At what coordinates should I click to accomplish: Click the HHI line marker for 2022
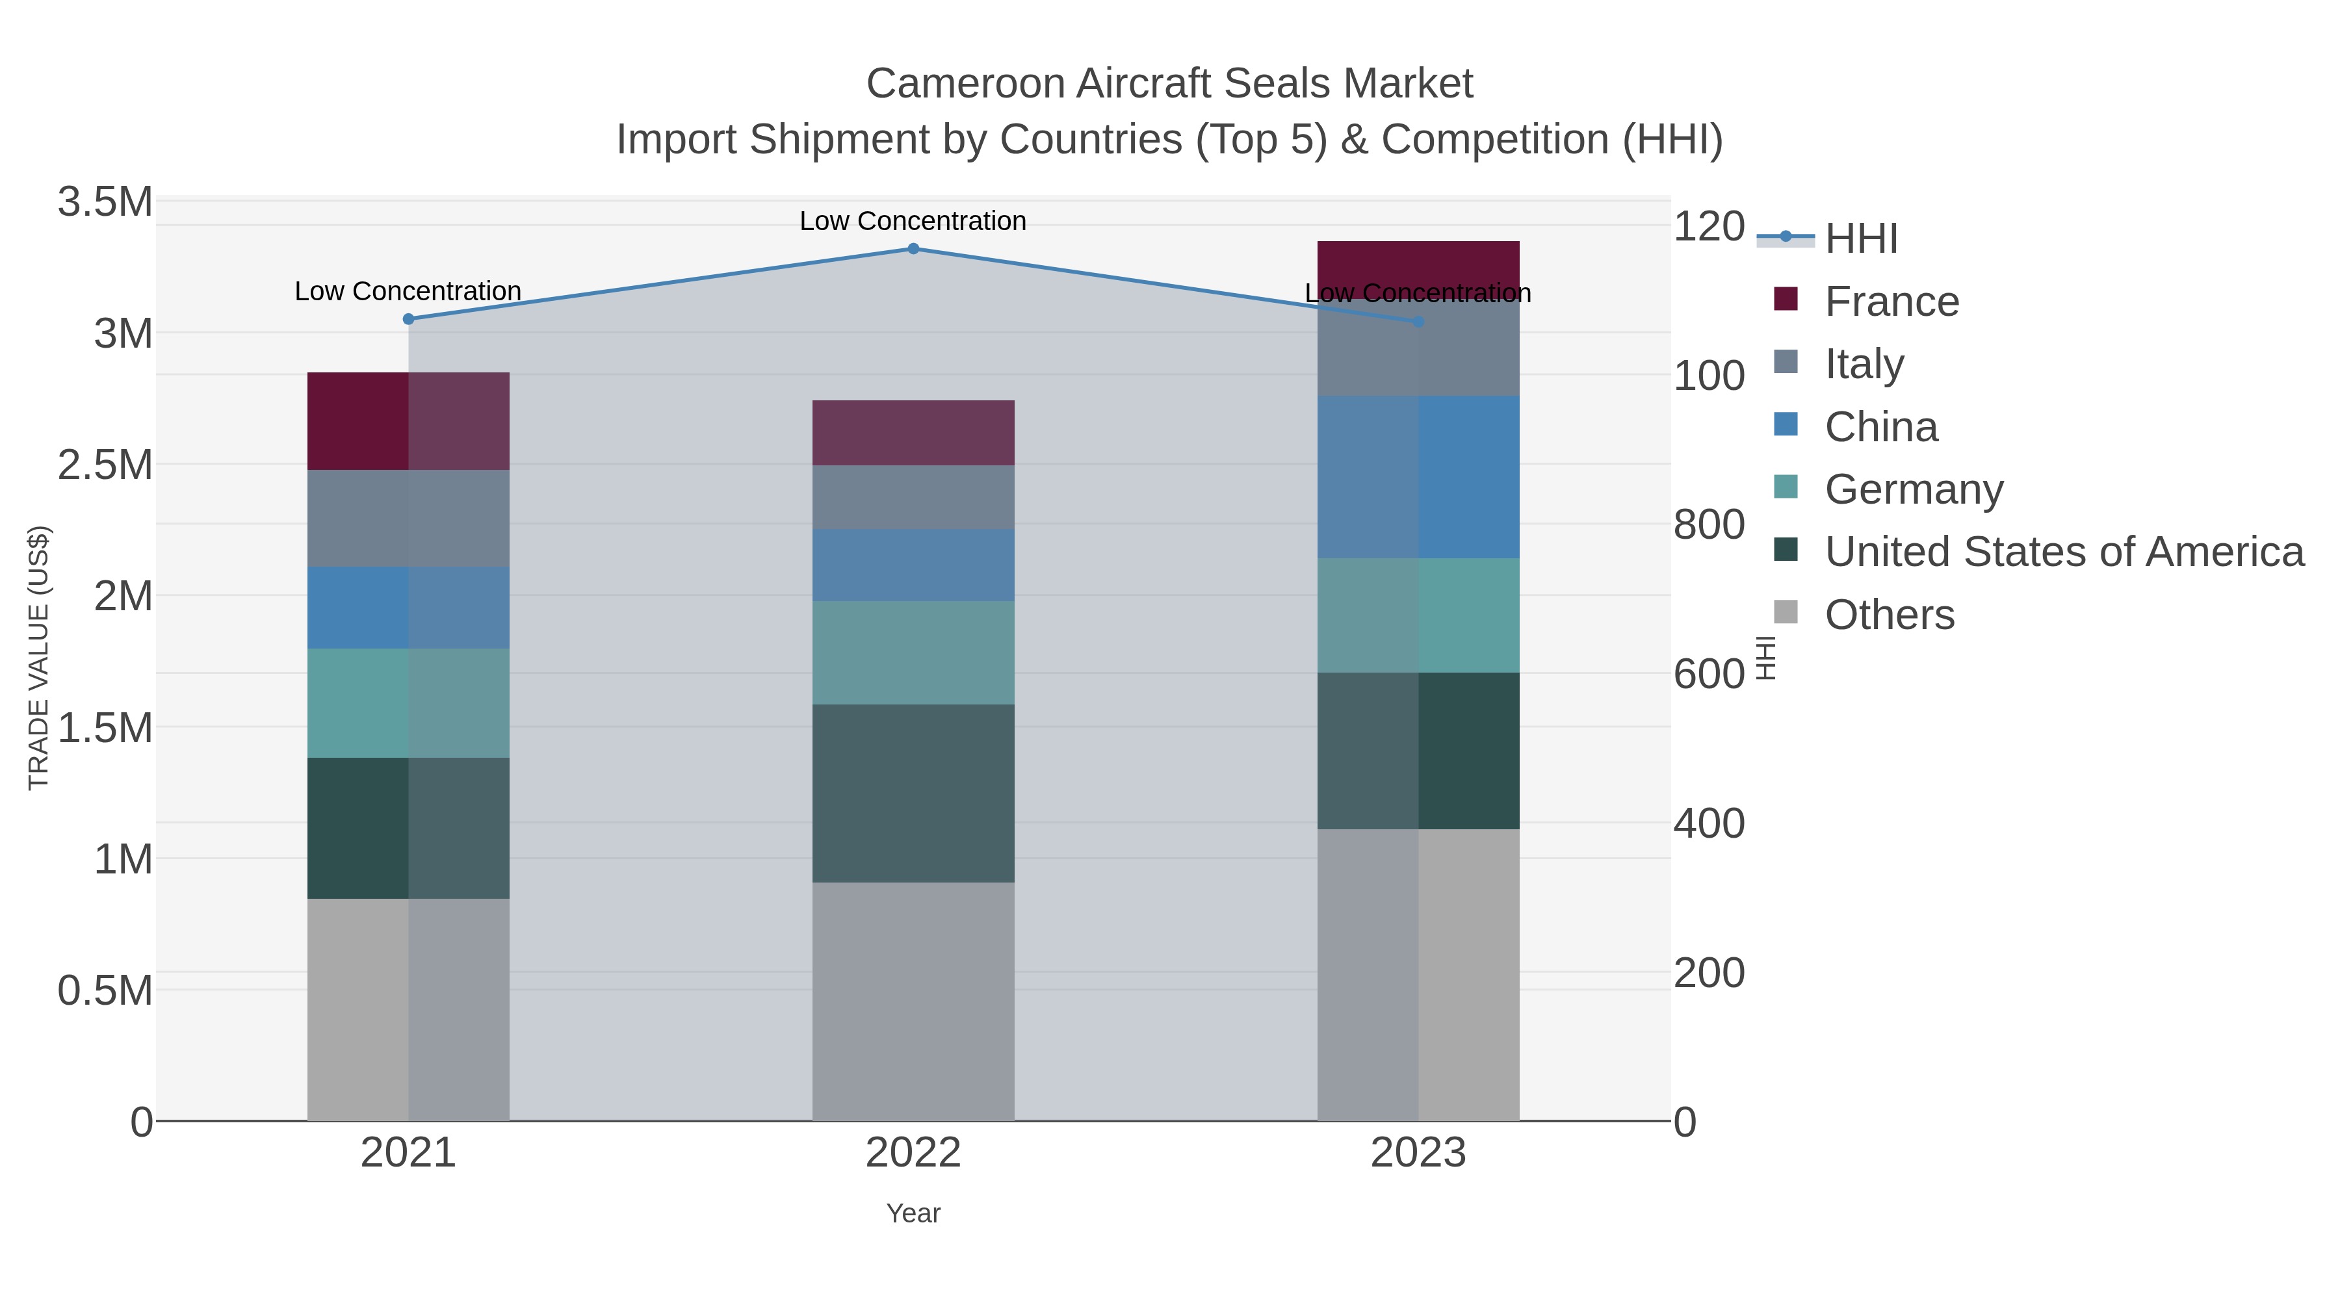[x=913, y=249]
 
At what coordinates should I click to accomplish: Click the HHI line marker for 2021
[x=408, y=319]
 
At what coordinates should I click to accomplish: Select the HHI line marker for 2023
[x=1418, y=322]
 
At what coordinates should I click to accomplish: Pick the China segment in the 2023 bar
[x=1418, y=477]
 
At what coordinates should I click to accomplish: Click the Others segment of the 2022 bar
[x=913, y=1001]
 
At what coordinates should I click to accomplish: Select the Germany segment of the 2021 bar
[x=408, y=703]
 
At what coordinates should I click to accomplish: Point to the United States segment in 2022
[x=913, y=793]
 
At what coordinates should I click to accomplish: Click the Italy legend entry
[x=1863, y=364]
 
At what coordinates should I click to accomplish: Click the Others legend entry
[x=1888, y=615]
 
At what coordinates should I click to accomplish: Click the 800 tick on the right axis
[x=1708, y=525]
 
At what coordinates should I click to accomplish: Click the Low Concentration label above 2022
[x=913, y=221]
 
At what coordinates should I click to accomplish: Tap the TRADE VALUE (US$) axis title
[x=38, y=658]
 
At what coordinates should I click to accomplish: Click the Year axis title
[x=913, y=1213]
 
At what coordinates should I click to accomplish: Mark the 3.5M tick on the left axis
[x=105, y=201]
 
